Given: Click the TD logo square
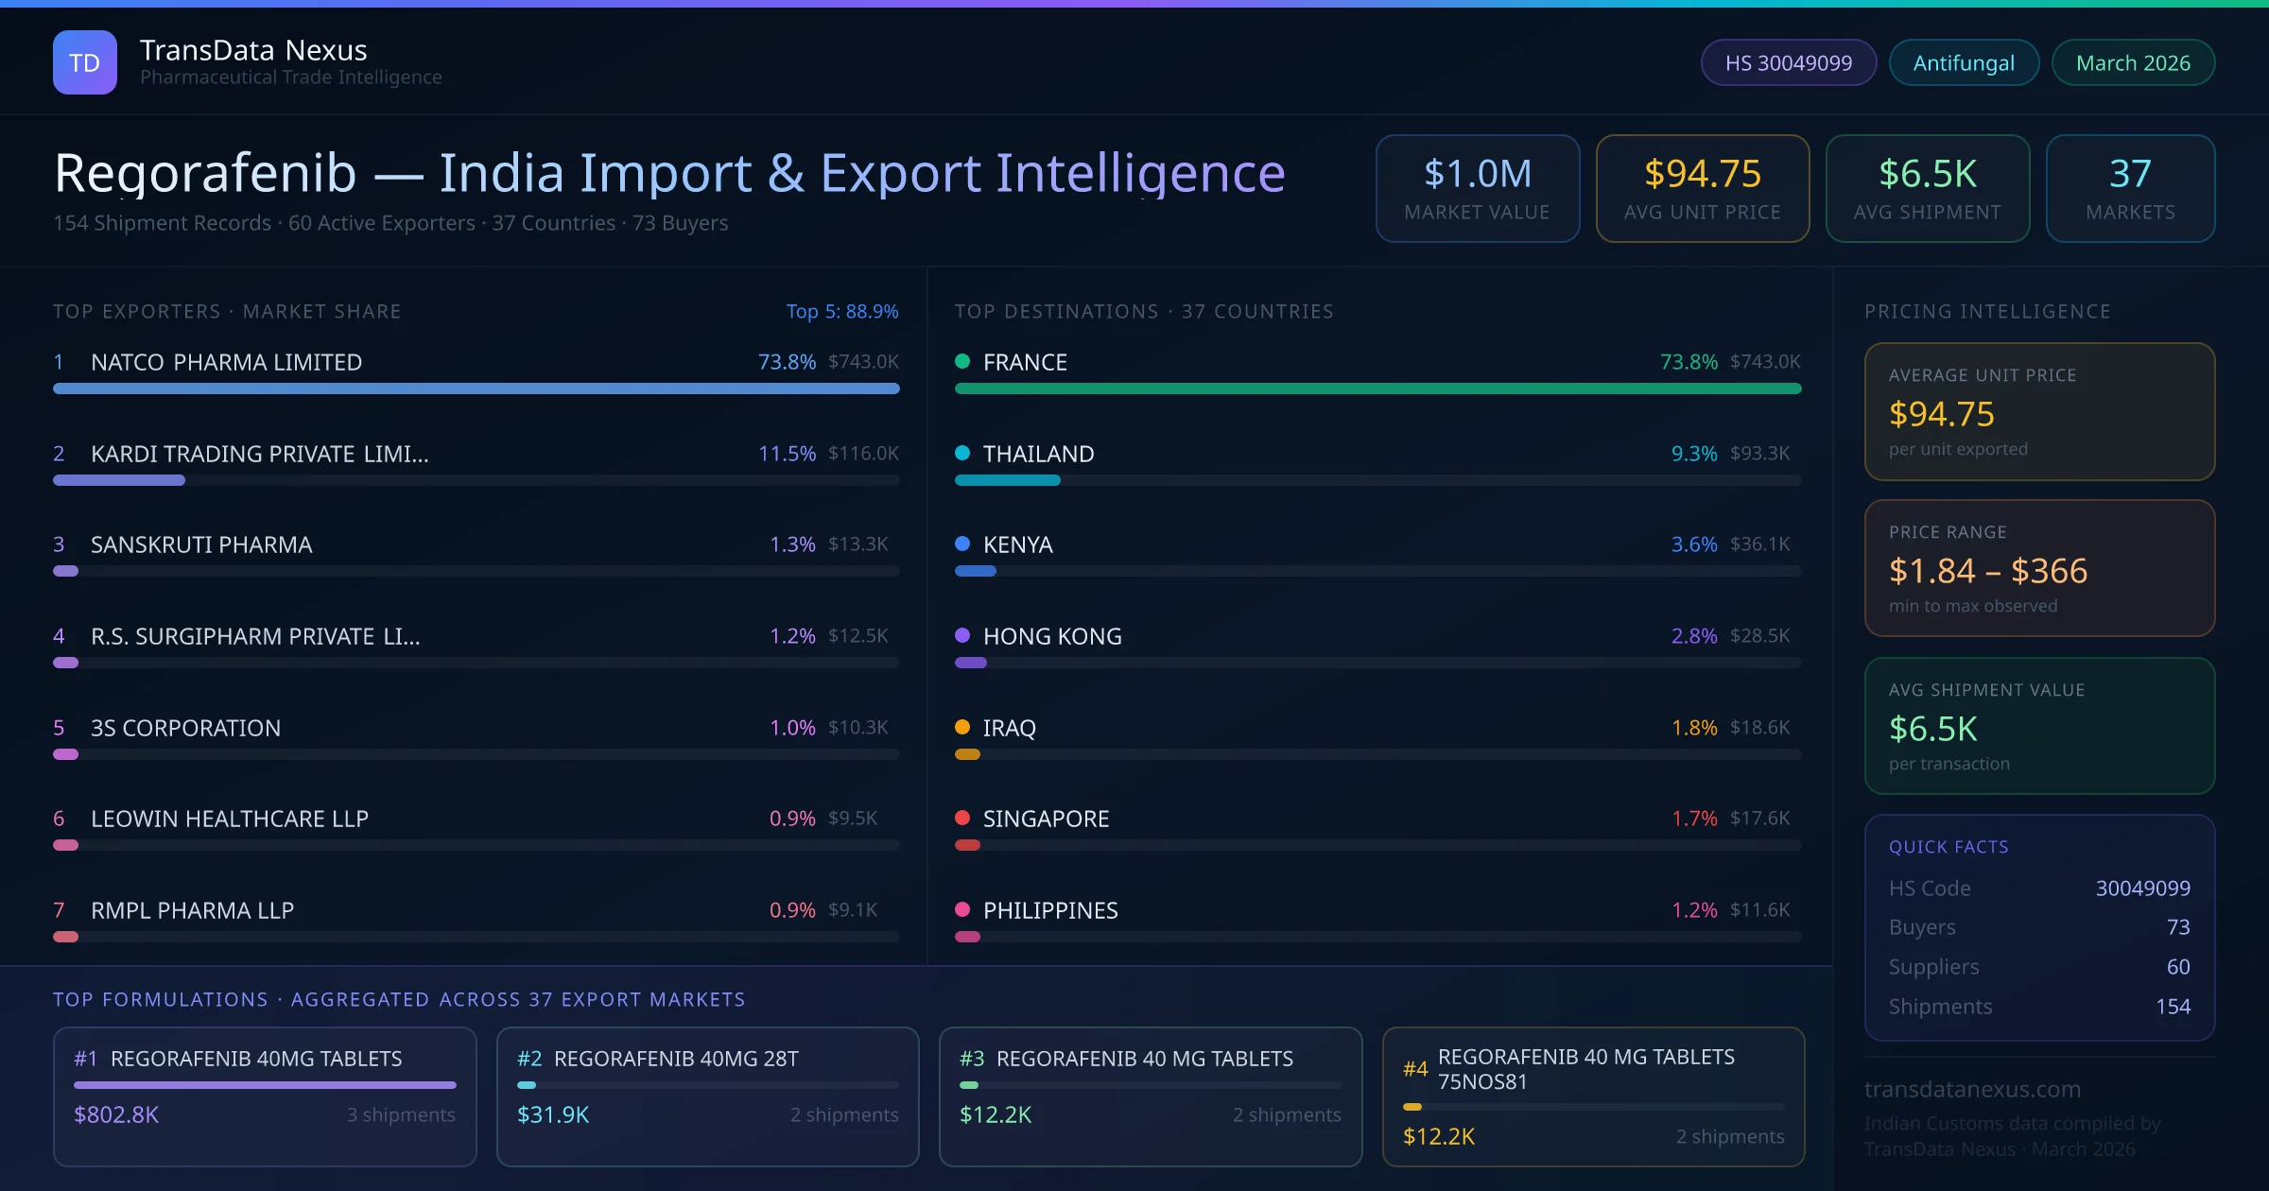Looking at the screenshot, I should (85, 62).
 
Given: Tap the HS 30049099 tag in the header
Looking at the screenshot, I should (1788, 62).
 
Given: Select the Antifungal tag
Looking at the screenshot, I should (1964, 62).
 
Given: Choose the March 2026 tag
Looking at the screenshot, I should (2133, 62).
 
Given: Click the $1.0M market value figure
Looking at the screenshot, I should (1477, 173).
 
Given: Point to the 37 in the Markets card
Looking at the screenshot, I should (2130, 173).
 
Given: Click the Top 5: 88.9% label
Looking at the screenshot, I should (841, 311).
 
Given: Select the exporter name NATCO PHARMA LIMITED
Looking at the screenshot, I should (226, 362).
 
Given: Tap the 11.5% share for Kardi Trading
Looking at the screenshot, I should (787, 454).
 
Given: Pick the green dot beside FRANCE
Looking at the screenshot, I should (962, 361).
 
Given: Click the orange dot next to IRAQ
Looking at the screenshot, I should (962, 727).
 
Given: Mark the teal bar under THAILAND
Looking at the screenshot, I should (1007, 480).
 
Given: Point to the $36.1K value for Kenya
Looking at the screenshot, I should (1759, 544).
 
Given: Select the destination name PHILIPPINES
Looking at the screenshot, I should (1050, 910).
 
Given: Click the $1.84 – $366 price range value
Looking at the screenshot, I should (1987, 571).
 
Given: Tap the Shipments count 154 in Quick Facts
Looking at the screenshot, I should (2173, 1007).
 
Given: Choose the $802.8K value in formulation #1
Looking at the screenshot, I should (116, 1114).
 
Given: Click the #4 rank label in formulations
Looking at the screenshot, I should (1415, 1069).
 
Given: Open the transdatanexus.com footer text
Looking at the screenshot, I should (1972, 1089).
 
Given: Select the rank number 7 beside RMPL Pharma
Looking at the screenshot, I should (59, 910).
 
